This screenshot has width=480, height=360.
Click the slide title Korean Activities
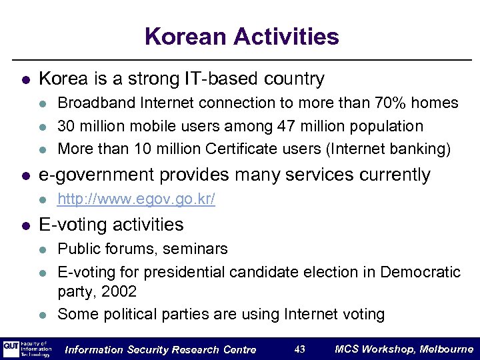(241, 36)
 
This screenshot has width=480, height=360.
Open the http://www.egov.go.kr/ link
(136, 199)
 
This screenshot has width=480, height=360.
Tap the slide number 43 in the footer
(299, 349)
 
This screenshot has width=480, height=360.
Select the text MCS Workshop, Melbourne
(404, 349)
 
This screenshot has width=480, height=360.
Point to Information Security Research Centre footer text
(161, 349)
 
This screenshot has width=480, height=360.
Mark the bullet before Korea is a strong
(25, 79)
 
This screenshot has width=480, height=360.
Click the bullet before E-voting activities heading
(25, 225)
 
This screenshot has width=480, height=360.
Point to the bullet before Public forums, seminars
(43, 249)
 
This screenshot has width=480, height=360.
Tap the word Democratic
(420, 272)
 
